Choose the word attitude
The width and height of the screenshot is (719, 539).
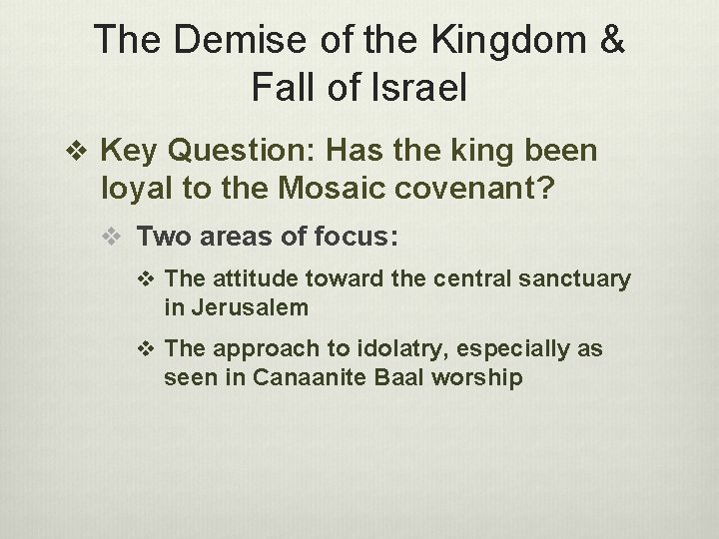point(253,280)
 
